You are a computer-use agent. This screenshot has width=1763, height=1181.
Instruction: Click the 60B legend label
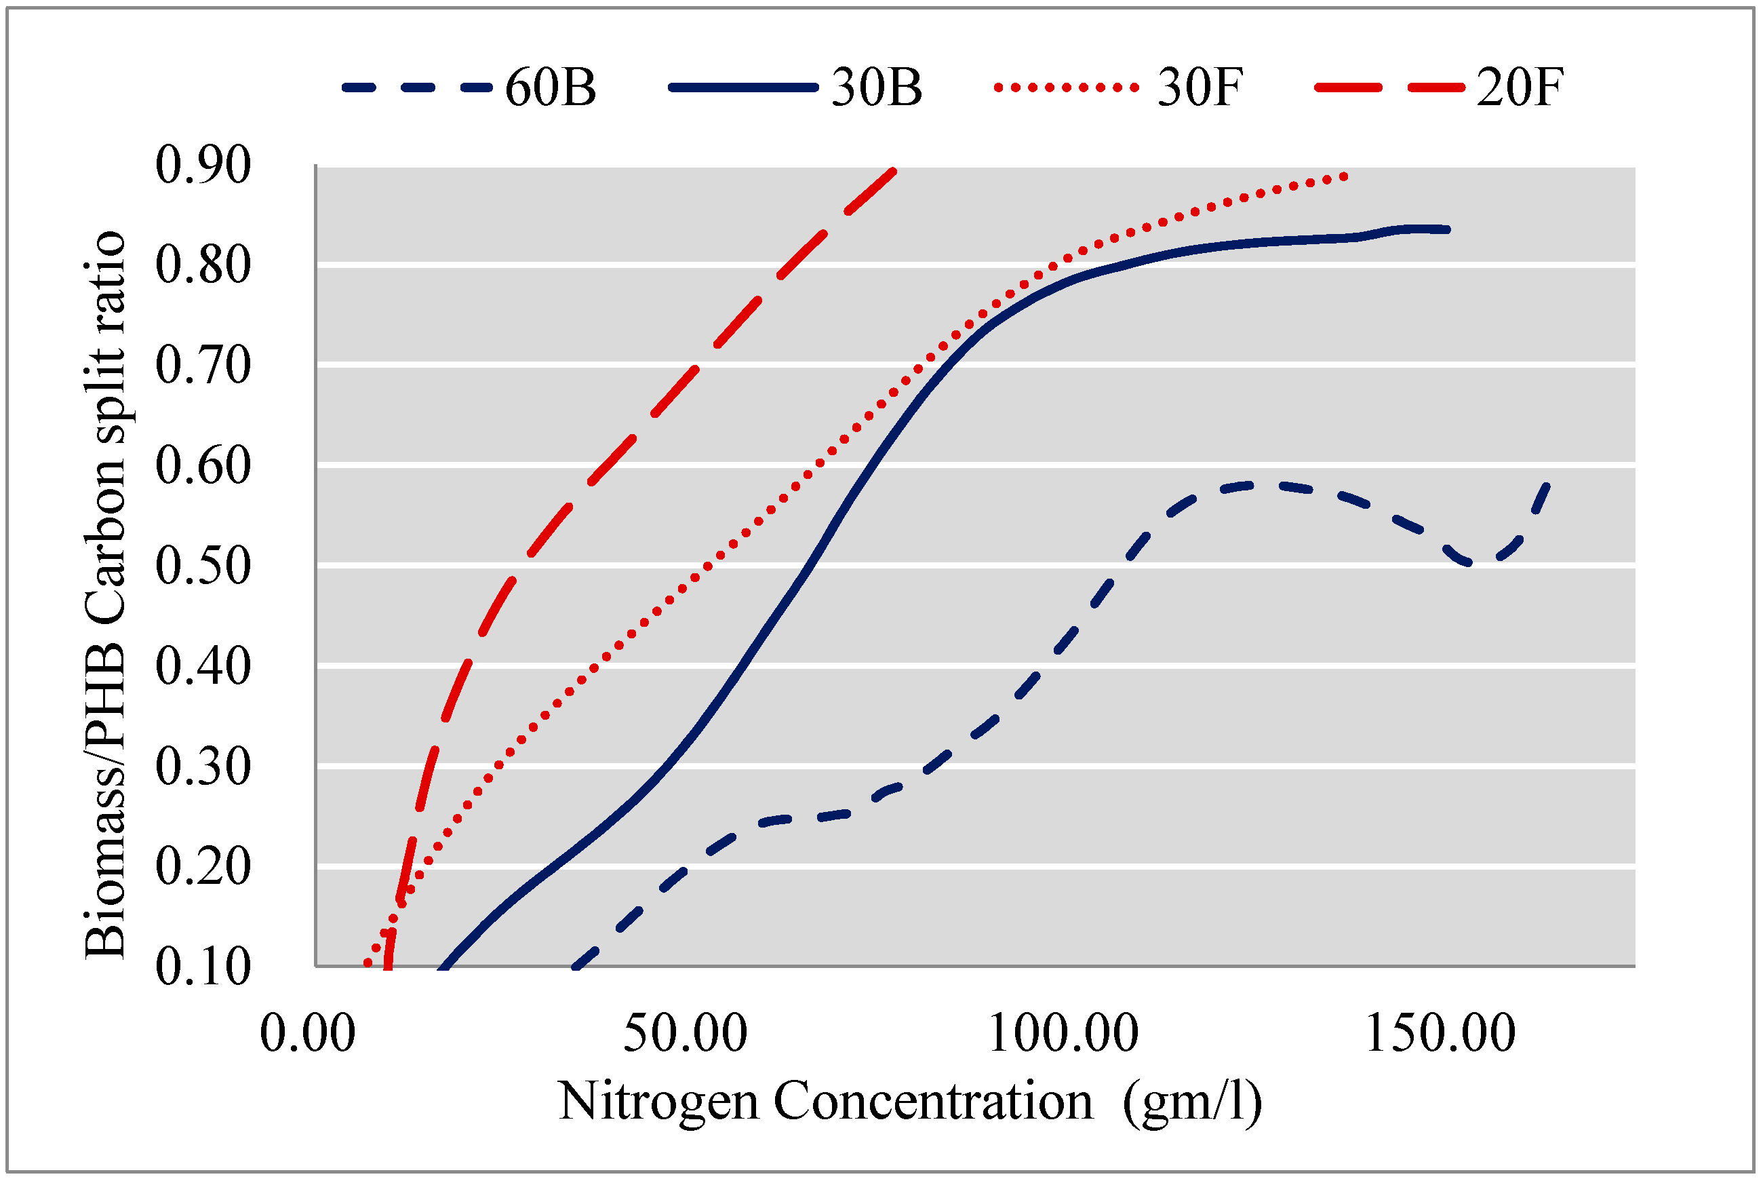tap(551, 88)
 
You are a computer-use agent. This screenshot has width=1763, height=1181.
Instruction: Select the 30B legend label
tap(876, 88)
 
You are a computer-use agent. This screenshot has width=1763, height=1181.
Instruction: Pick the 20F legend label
tap(1520, 88)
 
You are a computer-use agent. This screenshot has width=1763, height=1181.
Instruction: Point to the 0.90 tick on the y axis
tap(203, 165)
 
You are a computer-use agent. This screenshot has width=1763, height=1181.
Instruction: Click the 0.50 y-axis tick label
tap(203, 566)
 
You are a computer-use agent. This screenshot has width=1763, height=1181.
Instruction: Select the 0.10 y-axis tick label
tap(203, 967)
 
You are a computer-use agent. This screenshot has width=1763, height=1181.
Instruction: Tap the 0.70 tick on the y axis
tap(203, 366)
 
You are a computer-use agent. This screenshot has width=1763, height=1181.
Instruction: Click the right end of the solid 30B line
tap(1447, 230)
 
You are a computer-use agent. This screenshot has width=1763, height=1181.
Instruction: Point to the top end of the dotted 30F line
tap(1345, 177)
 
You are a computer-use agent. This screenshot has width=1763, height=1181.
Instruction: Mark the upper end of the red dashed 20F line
tap(894, 170)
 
